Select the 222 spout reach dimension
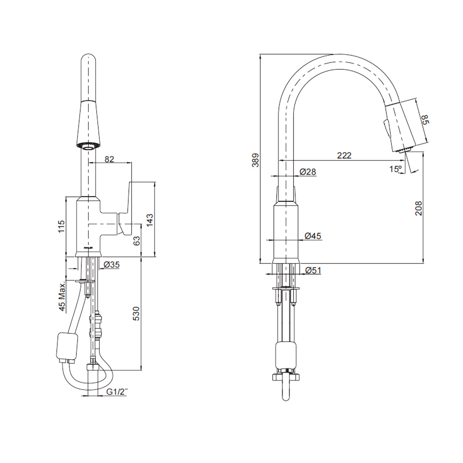tap(344, 155)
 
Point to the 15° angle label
tap(395, 169)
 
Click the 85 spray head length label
tap(425, 119)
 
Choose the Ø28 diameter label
tap(308, 172)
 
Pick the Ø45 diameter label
tap(313, 236)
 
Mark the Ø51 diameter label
tap(313, 270)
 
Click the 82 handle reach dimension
tap(110, 159)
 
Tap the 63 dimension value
tap(136, 241)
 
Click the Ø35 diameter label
tap(112, 265)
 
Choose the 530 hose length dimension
tap(136, 313)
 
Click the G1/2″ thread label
tap(117, 392)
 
